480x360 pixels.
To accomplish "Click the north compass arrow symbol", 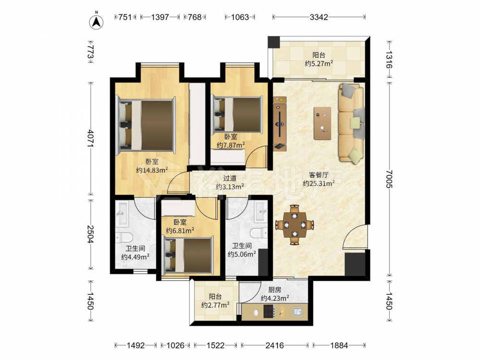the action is [96, 22].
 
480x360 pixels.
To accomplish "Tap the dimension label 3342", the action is [319, 17].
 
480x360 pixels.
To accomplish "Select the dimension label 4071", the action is [91, 138].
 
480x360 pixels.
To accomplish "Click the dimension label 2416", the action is [275, 345].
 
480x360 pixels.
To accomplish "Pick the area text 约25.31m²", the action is [319, 183].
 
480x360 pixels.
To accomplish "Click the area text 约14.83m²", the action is [152, 170].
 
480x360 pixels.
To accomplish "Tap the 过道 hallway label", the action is [229, 178].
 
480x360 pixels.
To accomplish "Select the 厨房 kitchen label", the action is [275, 289].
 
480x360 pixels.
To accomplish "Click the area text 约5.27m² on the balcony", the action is [319, 63].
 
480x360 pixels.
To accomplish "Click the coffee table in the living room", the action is [323, 123].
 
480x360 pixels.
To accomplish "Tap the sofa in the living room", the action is [351, 123].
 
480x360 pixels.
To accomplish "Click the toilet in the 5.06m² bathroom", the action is [259, 233].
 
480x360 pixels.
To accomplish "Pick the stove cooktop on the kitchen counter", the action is [269, 312].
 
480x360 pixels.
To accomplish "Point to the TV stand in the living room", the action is [280, 124].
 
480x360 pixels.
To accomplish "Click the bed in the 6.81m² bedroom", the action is [187, 255].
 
